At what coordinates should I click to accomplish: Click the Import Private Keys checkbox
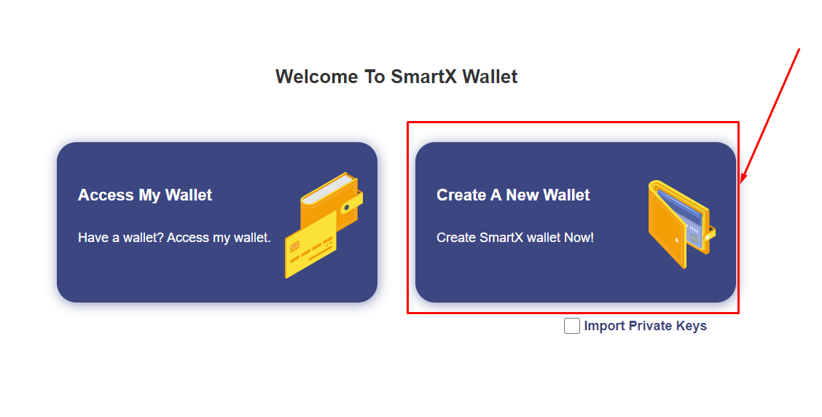571,326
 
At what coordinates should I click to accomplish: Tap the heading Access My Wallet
145,195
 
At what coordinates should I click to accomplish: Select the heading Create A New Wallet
513,195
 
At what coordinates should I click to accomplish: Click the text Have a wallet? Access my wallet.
174,238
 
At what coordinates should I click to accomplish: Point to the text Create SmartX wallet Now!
514,238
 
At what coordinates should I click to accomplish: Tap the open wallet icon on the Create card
681,224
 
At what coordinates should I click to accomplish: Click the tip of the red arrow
740,184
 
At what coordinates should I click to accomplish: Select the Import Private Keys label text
646,326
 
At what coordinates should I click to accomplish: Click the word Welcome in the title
317,77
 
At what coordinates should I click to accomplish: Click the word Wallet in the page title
490,77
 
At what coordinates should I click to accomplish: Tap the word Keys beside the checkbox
692,326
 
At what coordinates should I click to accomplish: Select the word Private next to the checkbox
650,326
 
